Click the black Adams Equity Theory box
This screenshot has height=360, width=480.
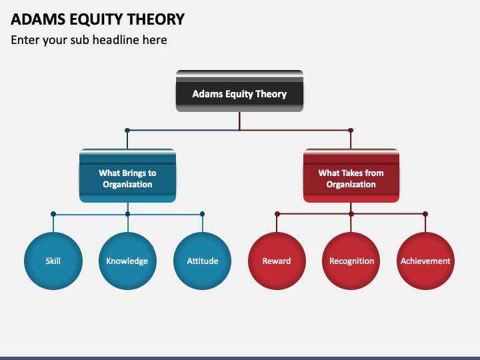[239, 91]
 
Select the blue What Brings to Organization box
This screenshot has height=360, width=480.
[127, 176]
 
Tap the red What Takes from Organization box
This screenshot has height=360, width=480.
[351, 176]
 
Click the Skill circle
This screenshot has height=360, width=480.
[53, 261]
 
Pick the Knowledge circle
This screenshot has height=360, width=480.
[127, 261]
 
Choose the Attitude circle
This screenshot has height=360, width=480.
[203, 261]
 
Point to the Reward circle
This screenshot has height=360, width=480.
[277, 261]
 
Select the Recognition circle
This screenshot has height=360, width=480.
[351, 261]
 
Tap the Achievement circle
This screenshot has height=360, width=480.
[425, 261]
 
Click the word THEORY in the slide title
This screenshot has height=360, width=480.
[156, 19]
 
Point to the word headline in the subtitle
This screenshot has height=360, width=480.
[116, 40]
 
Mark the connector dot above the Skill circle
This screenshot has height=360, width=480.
[53, 214]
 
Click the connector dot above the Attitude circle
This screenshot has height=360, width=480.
[202, 214]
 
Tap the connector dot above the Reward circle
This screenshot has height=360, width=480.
[277, 214]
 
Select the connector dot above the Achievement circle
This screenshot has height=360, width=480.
[425, 214]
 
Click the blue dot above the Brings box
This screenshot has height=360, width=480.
[127, 131]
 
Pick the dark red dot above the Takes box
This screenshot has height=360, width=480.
[351, 131]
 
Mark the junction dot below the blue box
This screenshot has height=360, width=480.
[127, 214]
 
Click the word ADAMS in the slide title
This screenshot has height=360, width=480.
[38, 19]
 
